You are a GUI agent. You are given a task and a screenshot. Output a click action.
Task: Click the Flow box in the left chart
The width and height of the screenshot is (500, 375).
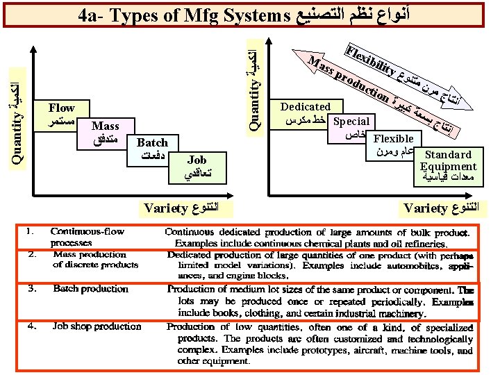click(x=62, y=115)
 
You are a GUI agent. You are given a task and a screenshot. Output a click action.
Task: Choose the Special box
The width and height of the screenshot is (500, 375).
click(x=351, y=128)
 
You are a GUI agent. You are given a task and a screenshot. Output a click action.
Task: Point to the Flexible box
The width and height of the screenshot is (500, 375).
click(x=393, y=144)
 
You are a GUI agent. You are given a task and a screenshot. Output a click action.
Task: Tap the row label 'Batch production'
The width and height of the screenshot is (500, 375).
click(x=90, y=289)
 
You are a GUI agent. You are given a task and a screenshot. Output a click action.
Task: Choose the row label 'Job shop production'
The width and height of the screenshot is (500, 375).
click(x=97, y=326)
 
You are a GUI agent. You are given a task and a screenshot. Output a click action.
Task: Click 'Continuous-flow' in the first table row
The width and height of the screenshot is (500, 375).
click(x=86, y=231)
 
